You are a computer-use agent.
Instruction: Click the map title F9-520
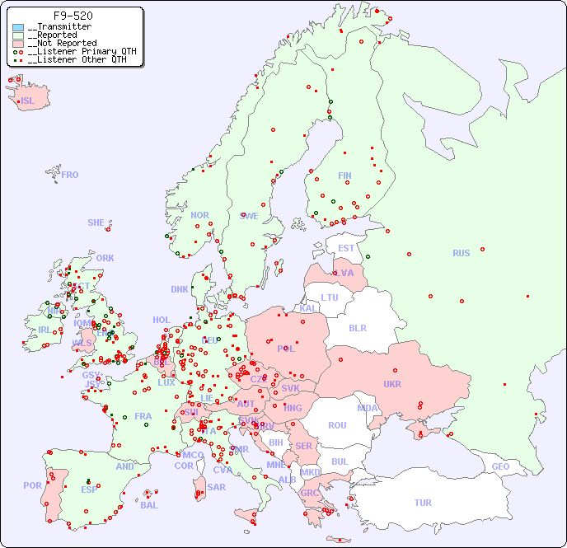point(73,16)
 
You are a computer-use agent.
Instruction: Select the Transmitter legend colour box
point(18,27)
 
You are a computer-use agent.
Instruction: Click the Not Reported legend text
point(62,43)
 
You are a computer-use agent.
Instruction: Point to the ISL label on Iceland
point(27,101)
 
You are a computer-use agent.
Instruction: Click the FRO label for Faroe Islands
point(70,175)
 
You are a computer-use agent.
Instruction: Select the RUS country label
point(461,253)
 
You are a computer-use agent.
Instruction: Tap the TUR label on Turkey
point(423,503)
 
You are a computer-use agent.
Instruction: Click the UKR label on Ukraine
point(391,384)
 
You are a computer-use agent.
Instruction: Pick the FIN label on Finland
point(344,176)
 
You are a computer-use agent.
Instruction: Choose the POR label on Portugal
point(32,485)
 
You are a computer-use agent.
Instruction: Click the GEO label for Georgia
point(500,466)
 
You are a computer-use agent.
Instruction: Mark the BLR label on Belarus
point(357,327)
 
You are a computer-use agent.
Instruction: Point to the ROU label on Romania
point(337,425)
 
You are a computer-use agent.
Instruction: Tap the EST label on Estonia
point(346,248)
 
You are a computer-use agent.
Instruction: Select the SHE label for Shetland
point(96,222)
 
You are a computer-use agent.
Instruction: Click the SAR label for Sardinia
point(216,487)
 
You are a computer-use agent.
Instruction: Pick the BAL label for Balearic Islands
point(148,505)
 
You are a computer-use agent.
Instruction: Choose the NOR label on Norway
point(199,215)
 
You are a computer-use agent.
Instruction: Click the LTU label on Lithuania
point(330,297)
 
